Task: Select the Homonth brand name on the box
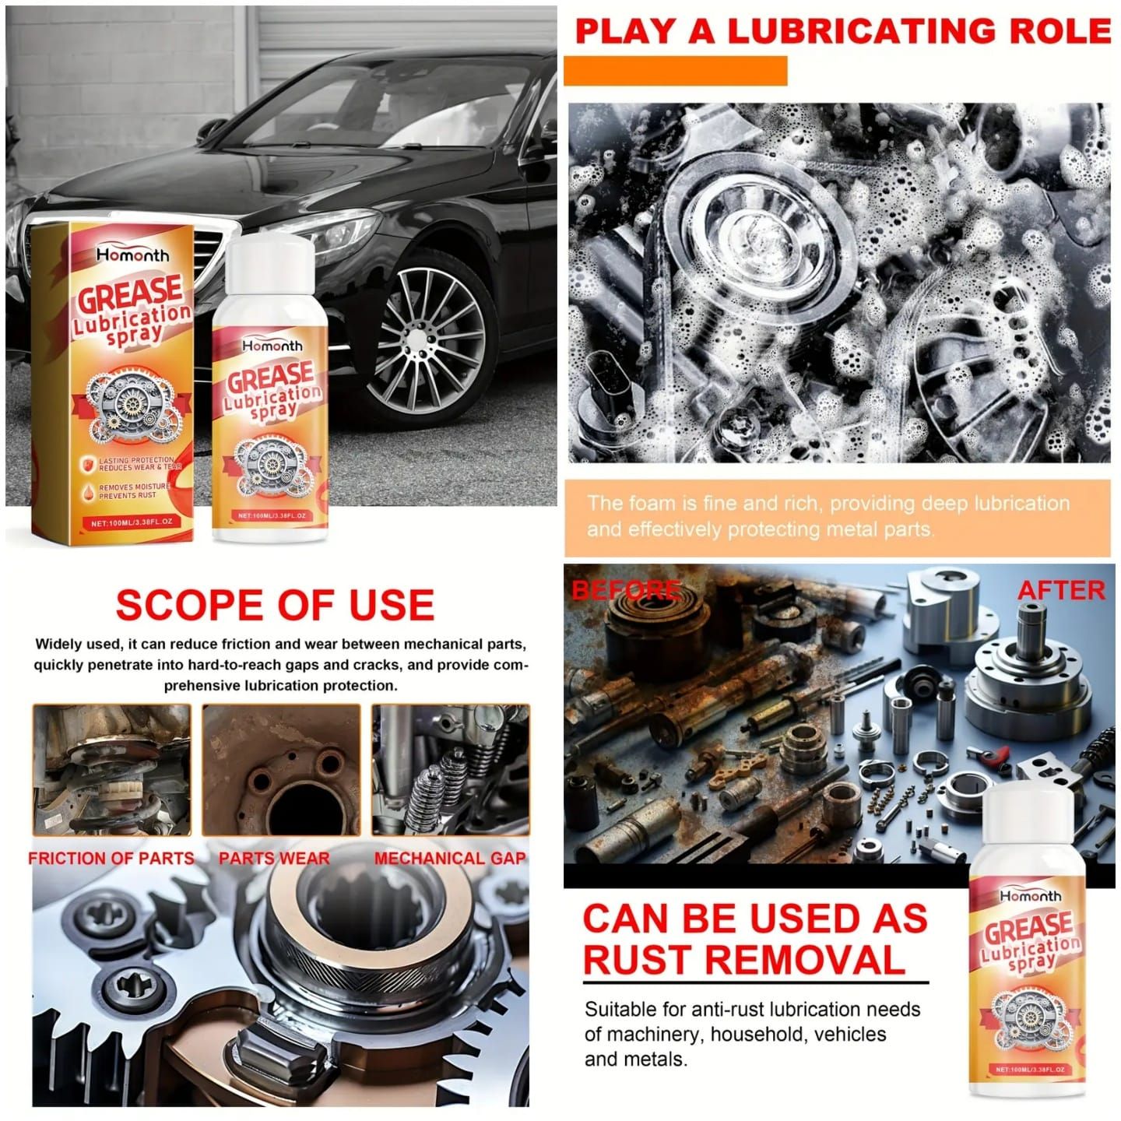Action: pos(132,255)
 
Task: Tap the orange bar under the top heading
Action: pos(675,71)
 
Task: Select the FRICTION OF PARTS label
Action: pos(111,859)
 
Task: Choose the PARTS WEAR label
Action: pos(274,859)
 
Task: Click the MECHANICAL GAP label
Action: pos(450,859)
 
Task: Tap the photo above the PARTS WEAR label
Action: pos(281,769)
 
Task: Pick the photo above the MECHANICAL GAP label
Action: pos(450,769)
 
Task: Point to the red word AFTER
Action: pos(1061,590)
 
